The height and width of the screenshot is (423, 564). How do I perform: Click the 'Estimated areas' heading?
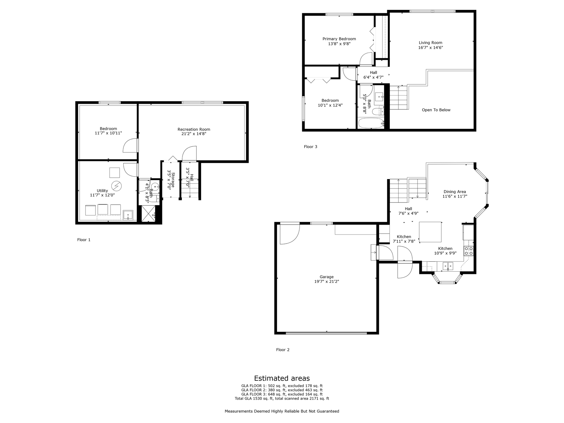pos(282,378)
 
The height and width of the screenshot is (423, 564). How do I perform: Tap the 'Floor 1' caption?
pos(84,240)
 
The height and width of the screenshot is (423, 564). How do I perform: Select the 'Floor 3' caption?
pos(310,147)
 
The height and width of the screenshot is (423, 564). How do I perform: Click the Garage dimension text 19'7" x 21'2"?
pos(327,282)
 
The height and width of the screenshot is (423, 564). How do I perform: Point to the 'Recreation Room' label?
pos(194,129)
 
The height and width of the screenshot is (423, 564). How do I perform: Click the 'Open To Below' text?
pos(436,110)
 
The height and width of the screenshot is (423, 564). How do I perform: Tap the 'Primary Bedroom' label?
pos(339,39)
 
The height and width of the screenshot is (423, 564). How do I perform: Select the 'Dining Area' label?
pos(455,192)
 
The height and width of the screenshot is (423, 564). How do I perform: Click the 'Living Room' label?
pos(430,43)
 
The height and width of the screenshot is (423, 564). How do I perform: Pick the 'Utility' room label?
pos(102,191)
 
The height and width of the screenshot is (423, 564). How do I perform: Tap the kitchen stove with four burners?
pos(469,251)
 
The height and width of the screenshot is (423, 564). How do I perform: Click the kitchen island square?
pos(430,232)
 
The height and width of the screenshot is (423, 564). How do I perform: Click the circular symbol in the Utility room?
pos(116,186)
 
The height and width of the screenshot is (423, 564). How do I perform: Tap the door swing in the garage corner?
pos(290,234)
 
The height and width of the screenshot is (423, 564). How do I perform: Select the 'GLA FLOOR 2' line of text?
pos(282,390)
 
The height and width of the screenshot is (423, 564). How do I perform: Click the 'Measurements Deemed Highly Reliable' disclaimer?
pos(282,411)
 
